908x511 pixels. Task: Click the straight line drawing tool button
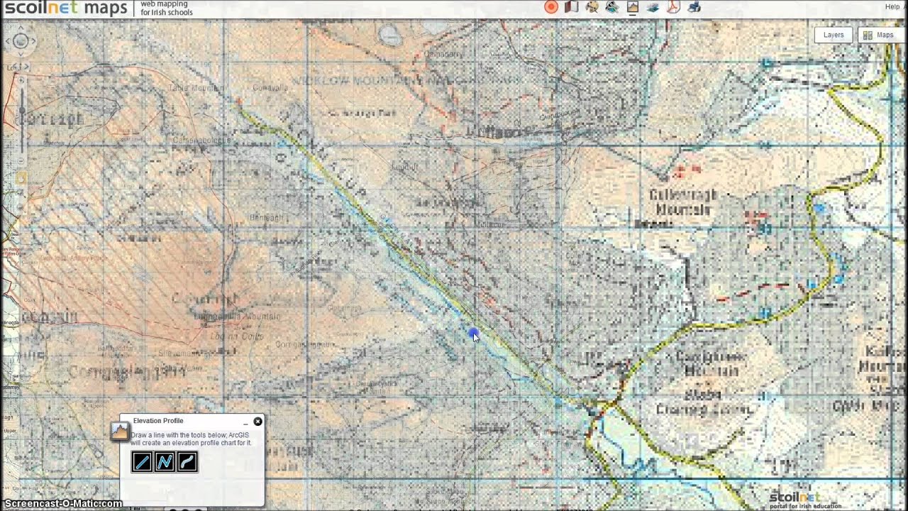pos(142,462)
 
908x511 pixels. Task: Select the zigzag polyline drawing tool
pos(165,462)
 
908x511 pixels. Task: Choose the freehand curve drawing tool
pos(187,462)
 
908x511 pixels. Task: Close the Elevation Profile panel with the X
pos(258,422)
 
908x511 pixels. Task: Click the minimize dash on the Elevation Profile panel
pos(245,422)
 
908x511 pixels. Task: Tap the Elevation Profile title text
pos(157,421)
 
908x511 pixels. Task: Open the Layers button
pos(833,35)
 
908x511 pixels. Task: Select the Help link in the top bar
pos(892,7)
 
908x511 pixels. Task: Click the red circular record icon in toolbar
pos(551,7)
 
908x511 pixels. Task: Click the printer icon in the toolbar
pos(694,7)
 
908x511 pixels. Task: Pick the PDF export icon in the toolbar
pos(673,7)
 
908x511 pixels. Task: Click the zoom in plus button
pos(21,81)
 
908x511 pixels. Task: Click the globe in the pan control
pos(21,41)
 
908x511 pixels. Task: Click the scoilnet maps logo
pos(65,8)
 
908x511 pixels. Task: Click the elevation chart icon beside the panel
pos(118,430)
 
